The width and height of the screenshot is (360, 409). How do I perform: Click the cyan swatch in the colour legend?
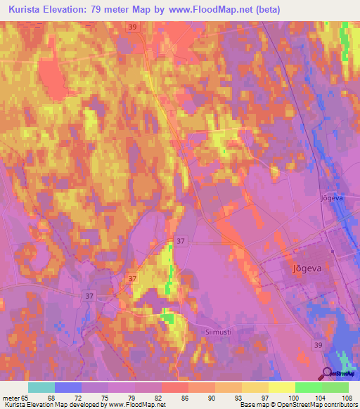pos(41,387)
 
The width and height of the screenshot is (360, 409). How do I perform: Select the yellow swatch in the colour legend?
pos(281,387)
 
